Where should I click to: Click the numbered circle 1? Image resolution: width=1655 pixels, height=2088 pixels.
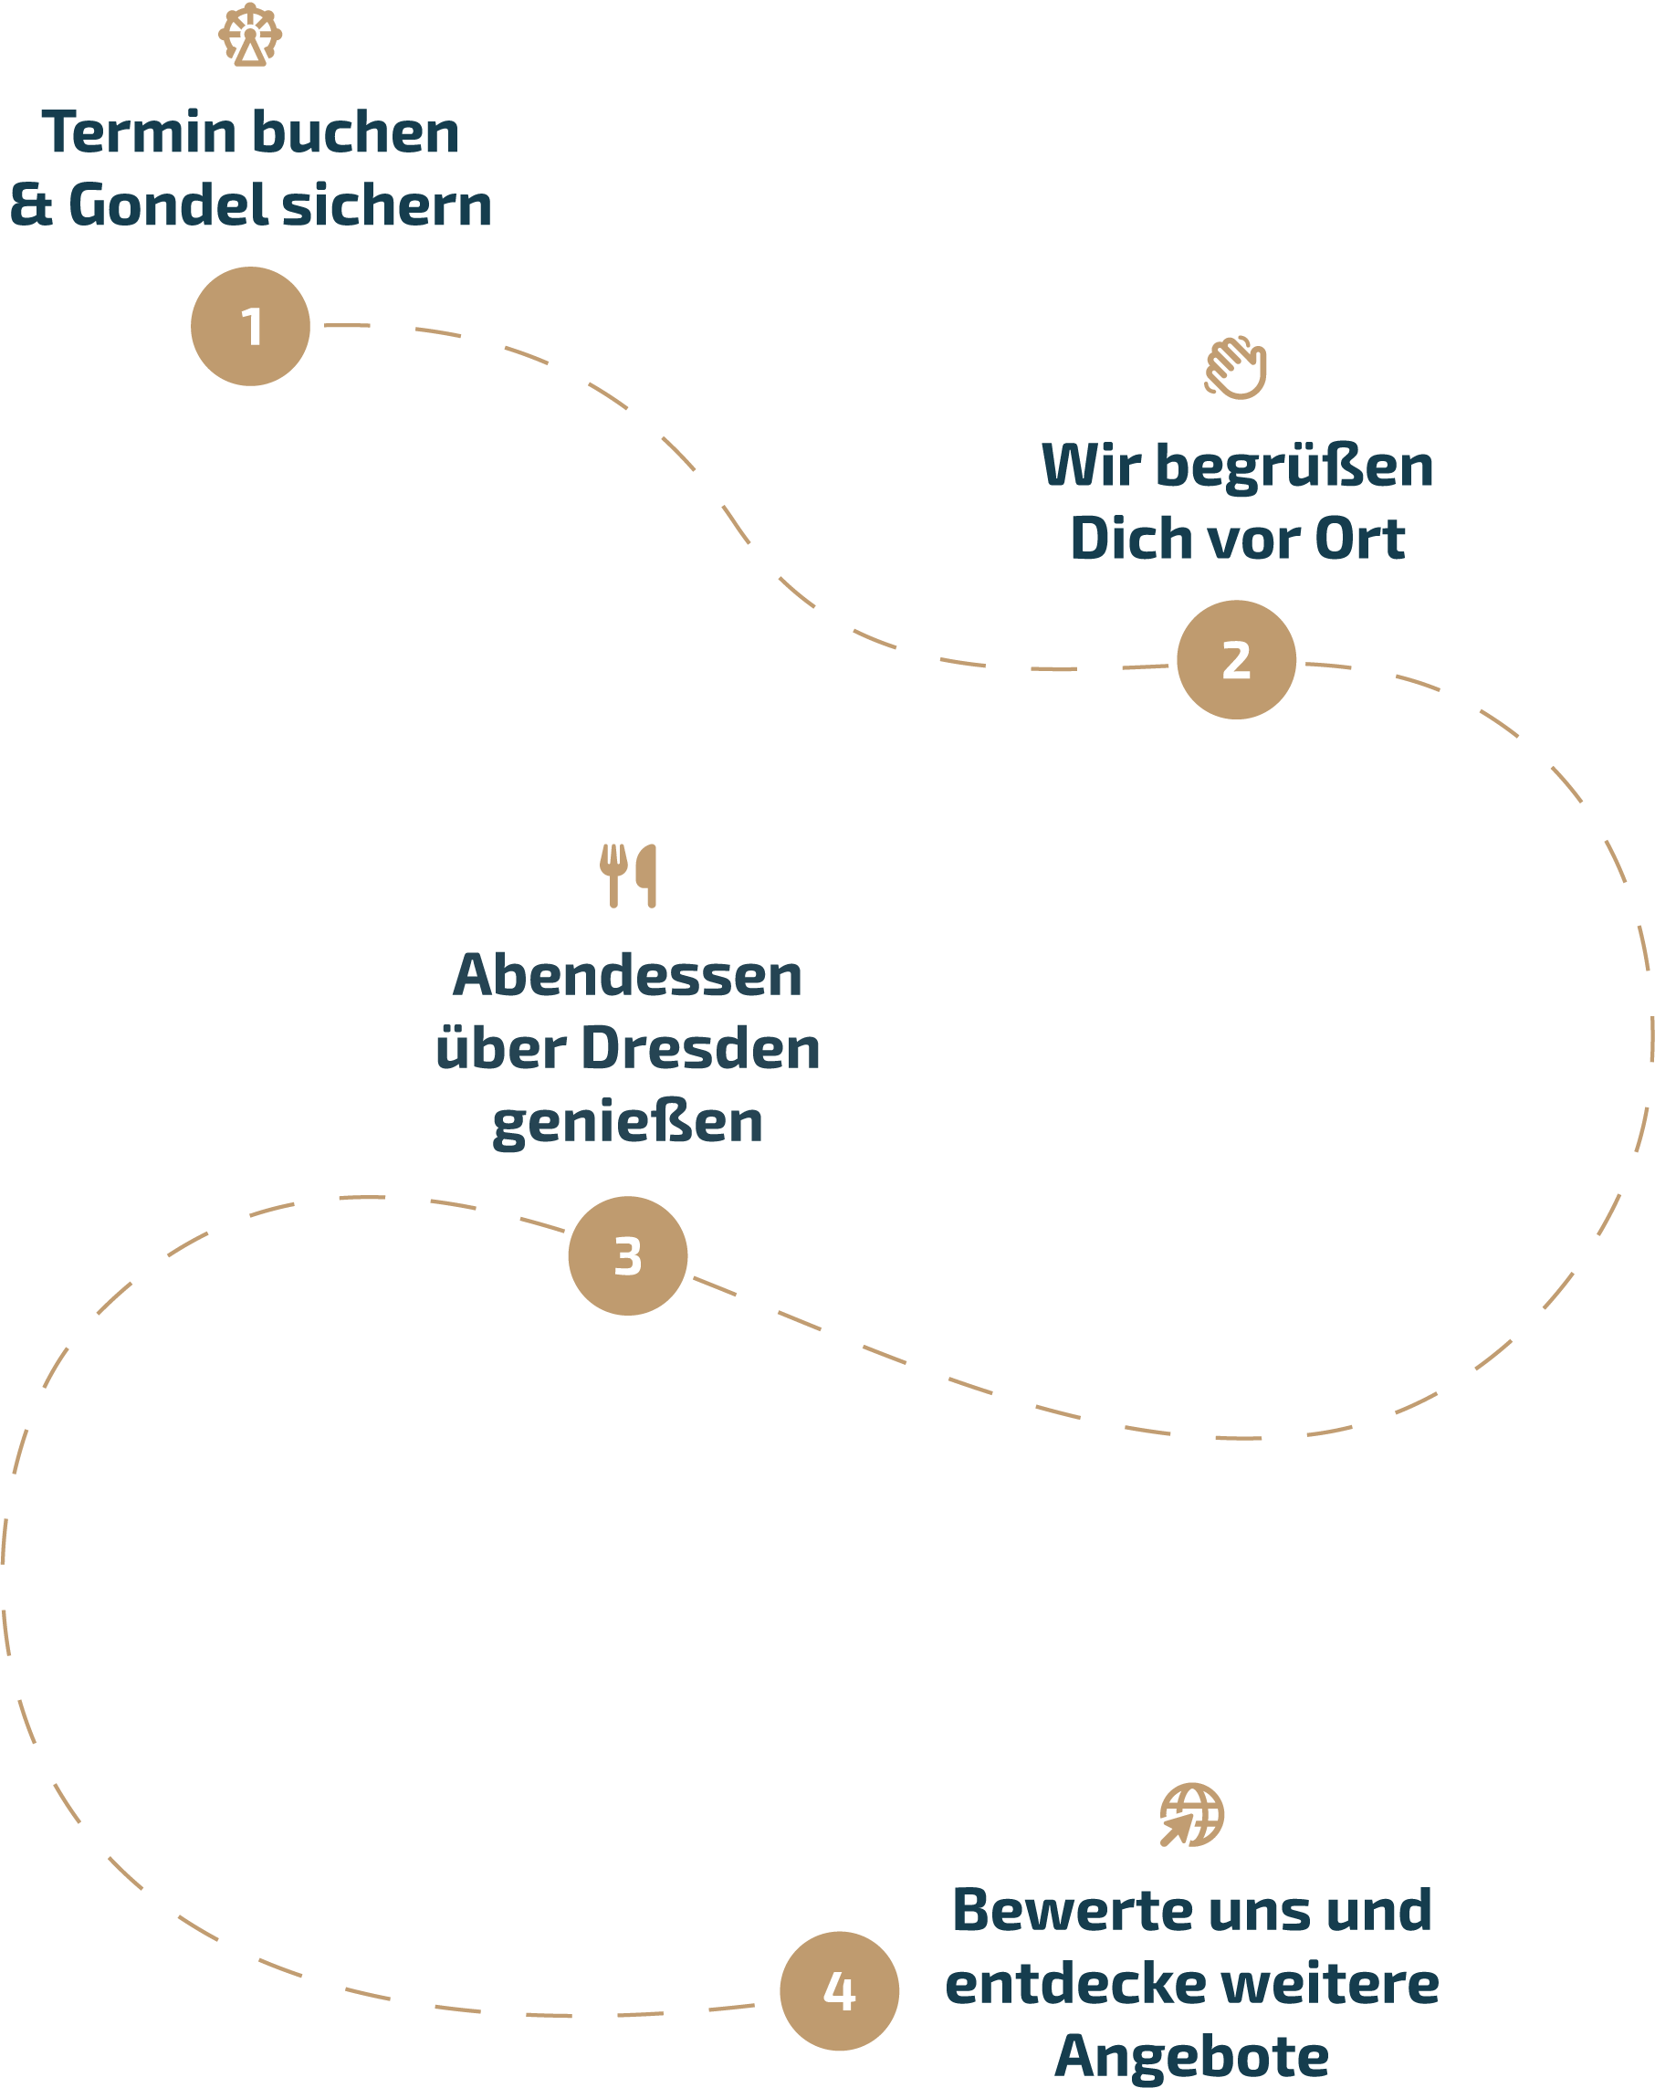click(250, 326)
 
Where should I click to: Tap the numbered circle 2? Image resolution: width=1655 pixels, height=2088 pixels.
click(1236, 659)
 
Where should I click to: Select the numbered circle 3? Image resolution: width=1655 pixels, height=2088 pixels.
click(627, 1256)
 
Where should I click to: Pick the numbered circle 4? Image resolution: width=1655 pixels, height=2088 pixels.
click(839, 1991)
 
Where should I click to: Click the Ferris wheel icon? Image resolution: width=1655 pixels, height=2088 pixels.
click(250, 35)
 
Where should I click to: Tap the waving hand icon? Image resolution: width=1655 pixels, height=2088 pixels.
click(1236, 368)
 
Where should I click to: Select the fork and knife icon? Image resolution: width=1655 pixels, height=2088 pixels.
click(627, 876)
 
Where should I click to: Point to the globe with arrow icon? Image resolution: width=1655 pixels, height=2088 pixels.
click(1191, 1815)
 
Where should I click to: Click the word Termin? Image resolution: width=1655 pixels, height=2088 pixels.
click(140, 132)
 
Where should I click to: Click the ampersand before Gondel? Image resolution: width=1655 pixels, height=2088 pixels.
click(31, 206)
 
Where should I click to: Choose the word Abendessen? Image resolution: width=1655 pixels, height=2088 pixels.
click(627, 975)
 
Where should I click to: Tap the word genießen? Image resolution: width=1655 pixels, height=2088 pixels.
click(627, 1123)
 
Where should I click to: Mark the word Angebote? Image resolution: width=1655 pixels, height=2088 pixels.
click(1191, 2057)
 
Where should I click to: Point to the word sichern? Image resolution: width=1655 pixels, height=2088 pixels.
click(386, 206)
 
